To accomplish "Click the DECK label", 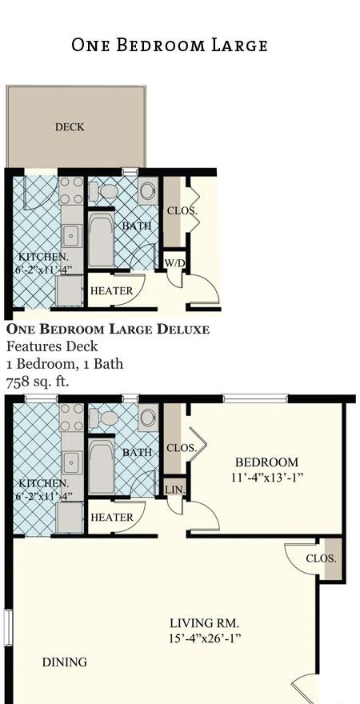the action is click(70, 127).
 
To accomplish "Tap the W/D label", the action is click(174, 263).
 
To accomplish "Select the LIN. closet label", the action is click(174, 490).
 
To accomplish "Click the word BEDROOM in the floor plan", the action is click(266, 462).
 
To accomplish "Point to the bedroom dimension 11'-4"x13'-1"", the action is click(267, 478).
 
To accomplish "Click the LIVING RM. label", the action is click(204, 623).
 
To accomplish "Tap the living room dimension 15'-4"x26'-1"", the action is click(205, 638).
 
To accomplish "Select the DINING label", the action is click(65, 662).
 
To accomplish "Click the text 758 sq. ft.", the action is click(38, 382).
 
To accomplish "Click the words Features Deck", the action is click(52, 346).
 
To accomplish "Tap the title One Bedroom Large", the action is click(170, 45).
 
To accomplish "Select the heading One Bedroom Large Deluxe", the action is click(108, 329).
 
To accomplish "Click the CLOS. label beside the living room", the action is click(321, 558).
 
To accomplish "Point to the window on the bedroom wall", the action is click(255, 398).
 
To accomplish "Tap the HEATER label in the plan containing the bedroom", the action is click(112, 518).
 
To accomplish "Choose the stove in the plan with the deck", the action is click(72, 191).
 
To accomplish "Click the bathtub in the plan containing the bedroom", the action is click(102, 466).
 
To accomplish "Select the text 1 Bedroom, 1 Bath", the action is click(65, 364).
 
